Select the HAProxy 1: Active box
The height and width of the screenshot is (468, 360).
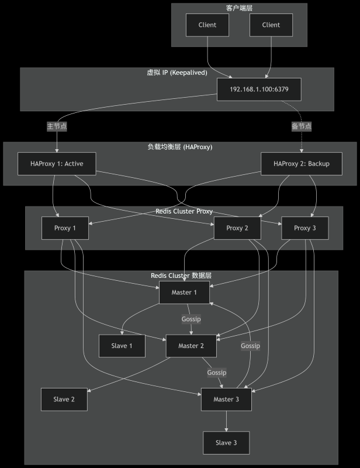point(57,164)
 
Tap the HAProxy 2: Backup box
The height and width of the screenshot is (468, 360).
point(301,164)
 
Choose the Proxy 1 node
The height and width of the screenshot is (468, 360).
point(65,228)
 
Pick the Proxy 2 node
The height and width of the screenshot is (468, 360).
point(238,228)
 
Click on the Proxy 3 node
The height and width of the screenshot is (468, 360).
point(304,228)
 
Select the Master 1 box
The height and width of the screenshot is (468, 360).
point(184,292)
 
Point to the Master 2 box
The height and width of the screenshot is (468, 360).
point(192,346)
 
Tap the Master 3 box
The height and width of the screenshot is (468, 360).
point(226,399)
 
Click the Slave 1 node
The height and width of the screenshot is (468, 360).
point(122,346)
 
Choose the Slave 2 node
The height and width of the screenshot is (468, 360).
point(64,399)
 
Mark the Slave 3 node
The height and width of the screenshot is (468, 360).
point(226,443)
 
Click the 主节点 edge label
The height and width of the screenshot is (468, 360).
point(57,126)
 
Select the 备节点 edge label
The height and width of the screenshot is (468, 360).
point(302,126)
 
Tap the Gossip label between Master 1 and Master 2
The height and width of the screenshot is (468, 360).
point(191,319)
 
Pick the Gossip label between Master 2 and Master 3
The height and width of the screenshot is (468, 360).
point(216,372)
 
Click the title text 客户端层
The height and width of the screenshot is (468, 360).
point(239,8)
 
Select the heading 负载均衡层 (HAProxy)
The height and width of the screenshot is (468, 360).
point(179,147)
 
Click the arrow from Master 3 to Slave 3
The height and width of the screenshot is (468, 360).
point(226,421)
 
